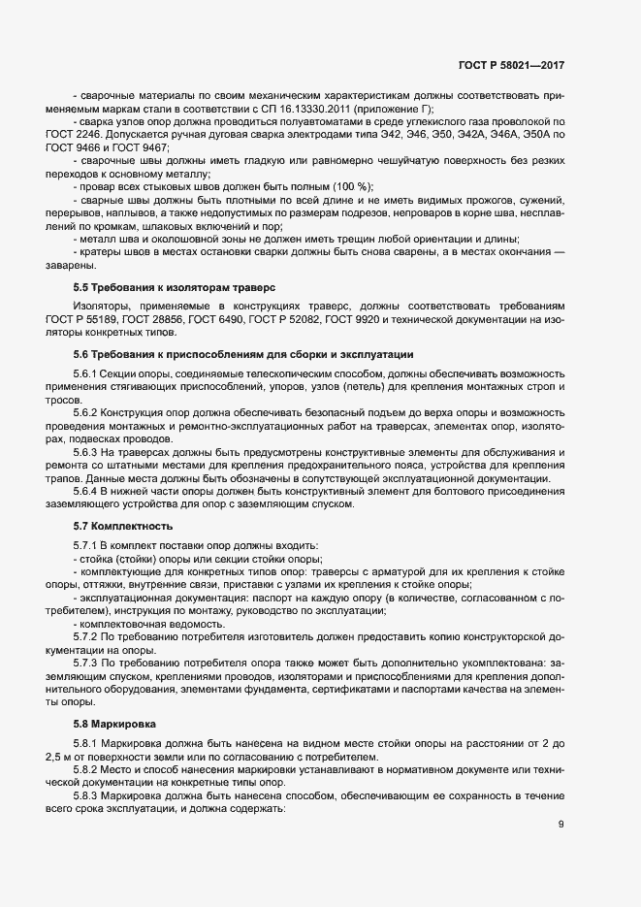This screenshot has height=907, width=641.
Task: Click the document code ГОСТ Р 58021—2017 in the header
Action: [511, 65]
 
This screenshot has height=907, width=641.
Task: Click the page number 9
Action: [561, 826]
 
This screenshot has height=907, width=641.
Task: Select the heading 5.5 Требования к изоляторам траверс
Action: [175, 288]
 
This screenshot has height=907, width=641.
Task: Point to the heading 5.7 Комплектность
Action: [123, 526]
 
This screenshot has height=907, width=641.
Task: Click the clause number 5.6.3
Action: [88, 451]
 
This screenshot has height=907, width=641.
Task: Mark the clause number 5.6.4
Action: [88, 491]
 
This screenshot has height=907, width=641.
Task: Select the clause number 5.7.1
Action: [88, 545]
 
